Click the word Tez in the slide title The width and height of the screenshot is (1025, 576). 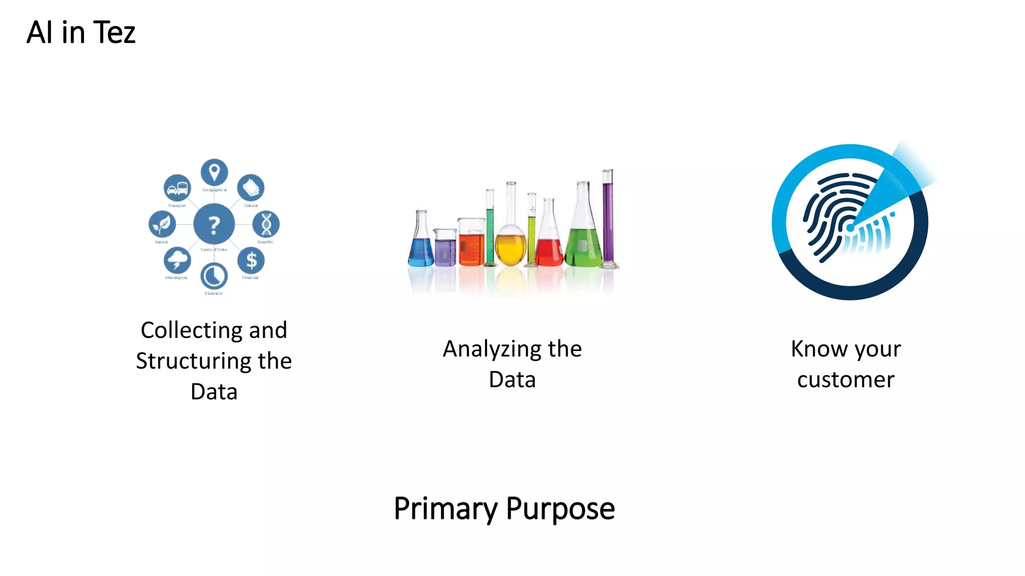(x=114, y=33)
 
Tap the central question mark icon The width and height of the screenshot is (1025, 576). (x=214, y=224)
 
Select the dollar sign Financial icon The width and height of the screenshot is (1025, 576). (x=251, y=260)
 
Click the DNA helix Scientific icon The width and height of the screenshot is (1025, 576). (x=266, y=224)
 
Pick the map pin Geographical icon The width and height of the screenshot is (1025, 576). (x=214, y=172)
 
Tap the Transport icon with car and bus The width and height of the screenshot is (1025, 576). (x=177, y=188)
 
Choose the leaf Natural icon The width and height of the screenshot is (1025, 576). (x=162, y=224)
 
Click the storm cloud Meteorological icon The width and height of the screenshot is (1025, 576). (x=177, y=260)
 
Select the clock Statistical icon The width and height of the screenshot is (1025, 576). (x=214, y=275)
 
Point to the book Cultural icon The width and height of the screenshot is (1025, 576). (x=251, y=188)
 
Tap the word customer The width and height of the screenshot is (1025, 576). (x=845, y=380)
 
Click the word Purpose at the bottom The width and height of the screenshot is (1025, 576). (x=560, y=509)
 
